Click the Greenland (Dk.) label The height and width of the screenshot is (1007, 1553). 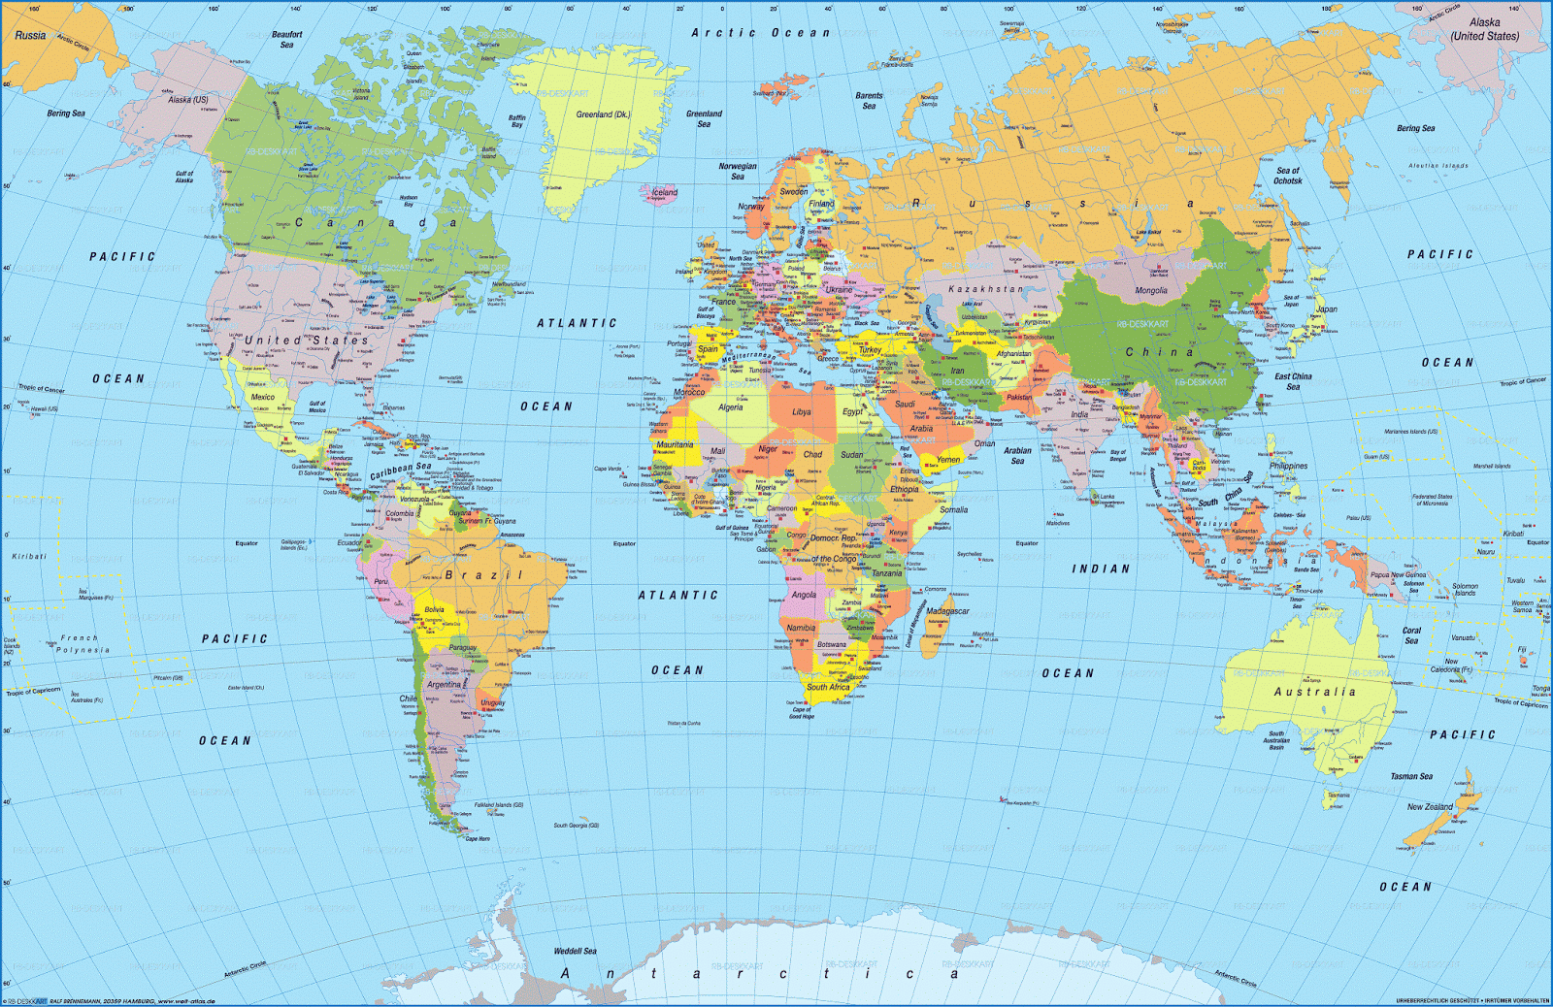(x=603, y=114)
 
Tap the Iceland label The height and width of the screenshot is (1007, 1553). (x=665, y=192)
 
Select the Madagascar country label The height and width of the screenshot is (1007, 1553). (x=947, y=611)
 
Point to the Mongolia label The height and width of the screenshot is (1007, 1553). (x=1151, y=291)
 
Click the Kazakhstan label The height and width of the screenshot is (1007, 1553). (x=985, y=289)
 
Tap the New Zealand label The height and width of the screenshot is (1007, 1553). (x=1430, y=806)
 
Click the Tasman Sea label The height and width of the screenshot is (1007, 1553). (x=1411, y=776)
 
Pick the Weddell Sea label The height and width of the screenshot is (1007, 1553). (x=576, y=951)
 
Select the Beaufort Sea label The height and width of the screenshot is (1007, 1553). (x=286, y=40)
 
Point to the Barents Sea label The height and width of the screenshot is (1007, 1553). (x=869, y=101)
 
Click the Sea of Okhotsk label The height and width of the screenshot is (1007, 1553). (x=1288, y=176)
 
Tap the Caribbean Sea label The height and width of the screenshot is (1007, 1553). (x=400, y=471)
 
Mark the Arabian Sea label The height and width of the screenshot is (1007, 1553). (x=1017, y=455)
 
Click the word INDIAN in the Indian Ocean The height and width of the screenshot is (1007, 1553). (x=1101, y=568)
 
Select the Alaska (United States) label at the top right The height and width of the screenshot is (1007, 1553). (x=1484, y=29)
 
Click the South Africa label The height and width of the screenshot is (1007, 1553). (x=828, y=687)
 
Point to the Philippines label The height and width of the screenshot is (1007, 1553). (x=1288, y=466)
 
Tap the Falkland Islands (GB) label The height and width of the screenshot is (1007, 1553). (x=499, y=805)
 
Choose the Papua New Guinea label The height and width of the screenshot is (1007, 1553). (x=1398, y=575)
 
